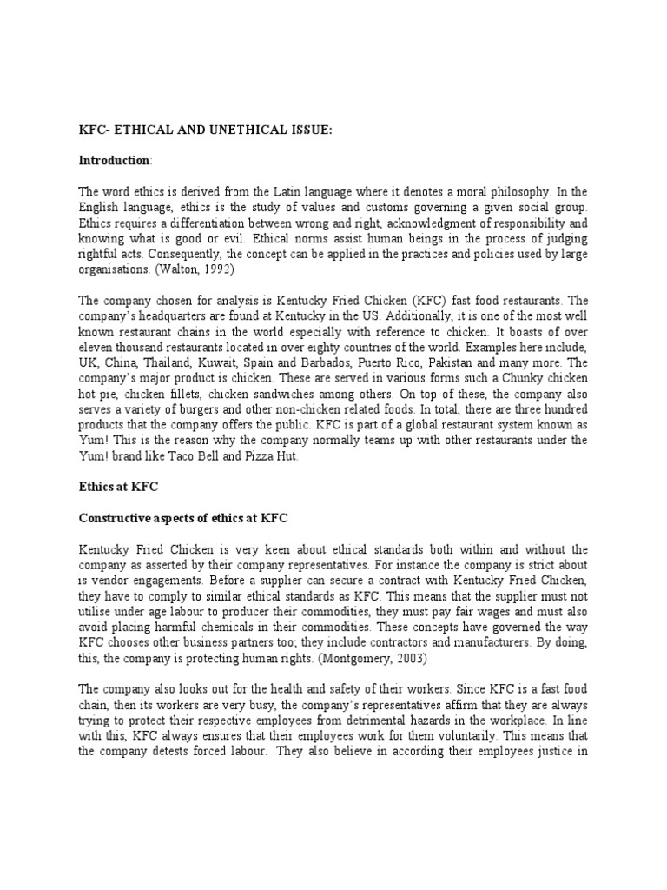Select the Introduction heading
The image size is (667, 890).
[x=114, y=161]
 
